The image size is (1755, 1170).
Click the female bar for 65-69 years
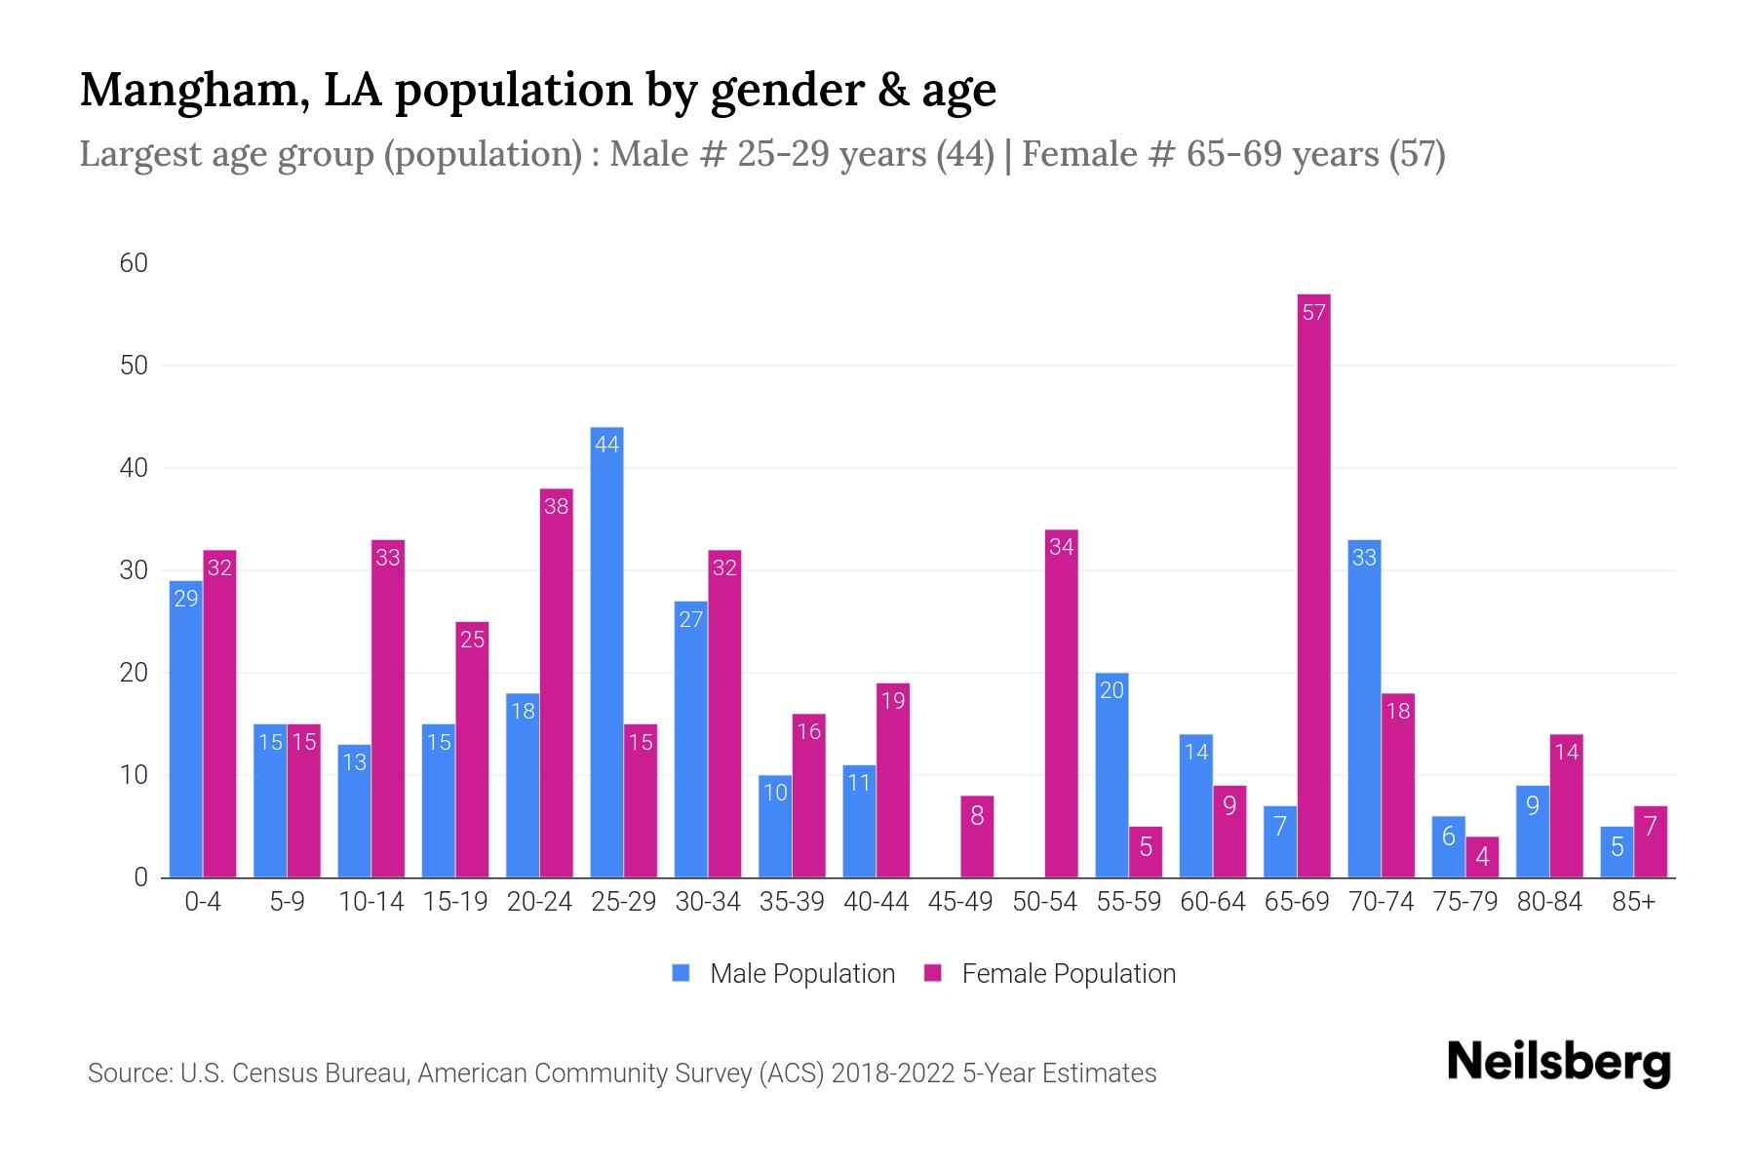coord(1313,585)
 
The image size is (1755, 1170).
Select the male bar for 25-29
coord(606,653)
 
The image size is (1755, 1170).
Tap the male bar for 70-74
coord(1364,709)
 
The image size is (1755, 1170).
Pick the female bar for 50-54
coord(1061,704)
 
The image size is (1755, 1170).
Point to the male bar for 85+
coord(1617,852)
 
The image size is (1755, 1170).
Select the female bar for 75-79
coord(1482,857)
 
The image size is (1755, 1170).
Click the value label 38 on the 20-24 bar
coord(556,507)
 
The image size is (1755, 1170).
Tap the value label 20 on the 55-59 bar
coord(1111,690)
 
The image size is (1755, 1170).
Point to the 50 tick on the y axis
coord(134,366)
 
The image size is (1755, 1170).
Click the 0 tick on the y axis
coord(140,877)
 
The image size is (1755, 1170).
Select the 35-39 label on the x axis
coord(792,902)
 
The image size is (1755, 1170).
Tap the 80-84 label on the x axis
coord(1549,902)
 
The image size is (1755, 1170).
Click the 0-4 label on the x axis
coord(203,902)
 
